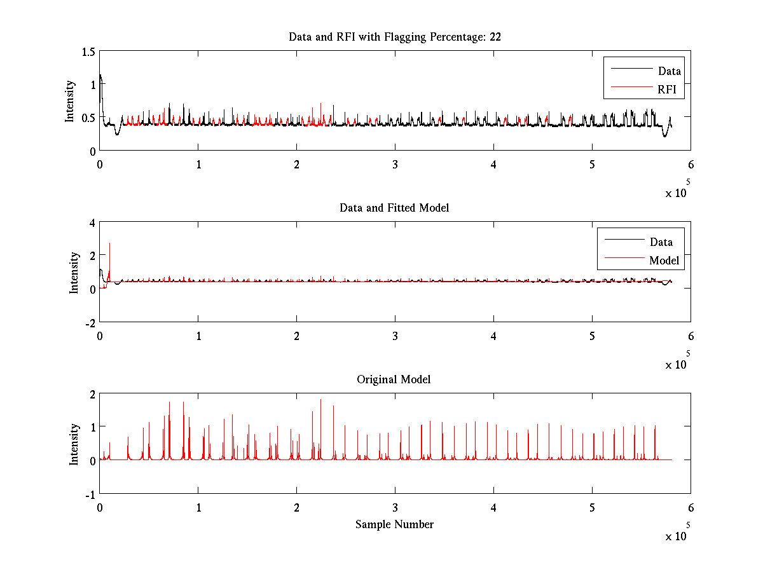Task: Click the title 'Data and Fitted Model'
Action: pos(394,208)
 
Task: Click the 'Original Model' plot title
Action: pos(394,379)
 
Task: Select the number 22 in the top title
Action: pos(495,37)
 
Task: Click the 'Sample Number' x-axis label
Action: pos(394,524)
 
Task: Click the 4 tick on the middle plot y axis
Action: pos(92,222)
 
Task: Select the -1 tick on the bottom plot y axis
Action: pos(90,494)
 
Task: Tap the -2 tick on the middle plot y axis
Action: pos(90,323)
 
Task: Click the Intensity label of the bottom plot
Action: pos(74,444)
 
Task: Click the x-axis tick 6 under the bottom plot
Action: pos(691,508)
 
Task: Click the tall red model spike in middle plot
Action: pos(110,245)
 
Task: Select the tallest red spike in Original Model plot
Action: pos(320,400)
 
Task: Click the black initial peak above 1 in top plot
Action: pos(100,76)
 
